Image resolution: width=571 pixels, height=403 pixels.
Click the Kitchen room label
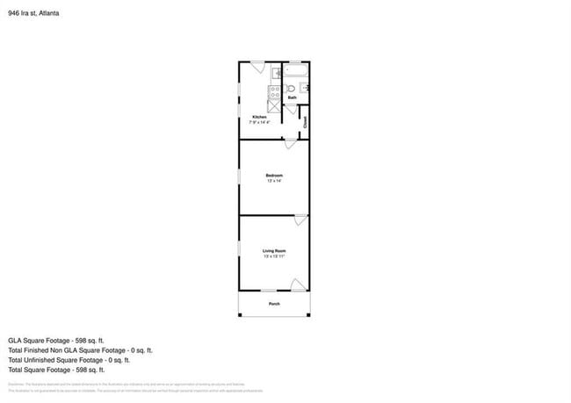click(259, 117)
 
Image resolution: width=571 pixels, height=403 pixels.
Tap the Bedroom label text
click(275, 176)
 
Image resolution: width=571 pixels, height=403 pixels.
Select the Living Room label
click(275, 252)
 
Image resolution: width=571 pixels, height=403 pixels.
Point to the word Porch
click(274, 304)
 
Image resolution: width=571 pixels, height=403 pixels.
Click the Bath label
click(292, 97)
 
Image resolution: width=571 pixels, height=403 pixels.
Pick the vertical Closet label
click(306, 123)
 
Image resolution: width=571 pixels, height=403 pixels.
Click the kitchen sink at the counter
click(275, 73)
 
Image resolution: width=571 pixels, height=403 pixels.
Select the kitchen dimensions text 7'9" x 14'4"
click(260, 122)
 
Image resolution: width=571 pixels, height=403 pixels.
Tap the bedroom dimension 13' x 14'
click(275, 181)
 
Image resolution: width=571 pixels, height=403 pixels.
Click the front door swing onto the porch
click(299, 285)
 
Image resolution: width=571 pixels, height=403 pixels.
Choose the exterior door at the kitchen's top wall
click(258, 65)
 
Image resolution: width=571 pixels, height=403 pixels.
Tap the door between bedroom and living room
click(300, 219)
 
